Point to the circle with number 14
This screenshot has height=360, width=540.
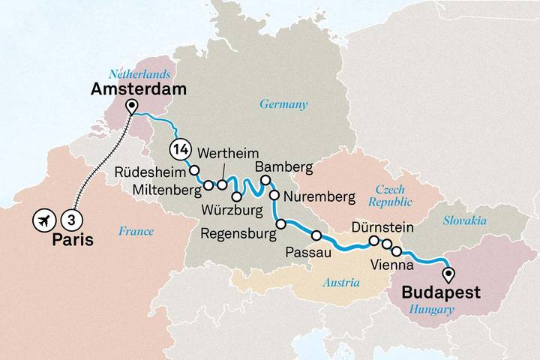180,148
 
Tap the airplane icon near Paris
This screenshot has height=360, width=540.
43,220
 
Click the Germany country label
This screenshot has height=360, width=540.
283,104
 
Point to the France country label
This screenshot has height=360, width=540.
136,232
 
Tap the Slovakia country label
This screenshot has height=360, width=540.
464,220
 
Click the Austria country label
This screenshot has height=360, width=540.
340,283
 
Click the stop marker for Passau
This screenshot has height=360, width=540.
316,235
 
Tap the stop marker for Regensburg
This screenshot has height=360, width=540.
280,223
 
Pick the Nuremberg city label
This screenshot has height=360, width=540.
319,197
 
